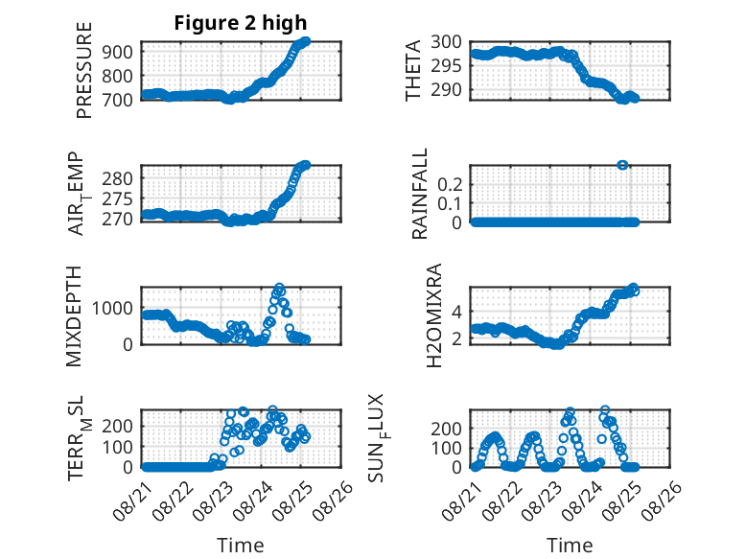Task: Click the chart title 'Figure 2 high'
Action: (241, 23)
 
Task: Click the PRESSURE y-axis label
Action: (83, 70)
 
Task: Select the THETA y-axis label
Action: (413, 70)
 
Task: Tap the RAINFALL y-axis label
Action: (420, 194)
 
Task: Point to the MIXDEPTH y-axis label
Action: (74, 316)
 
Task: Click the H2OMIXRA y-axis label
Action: (434, 315)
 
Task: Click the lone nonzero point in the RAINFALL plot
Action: (622, 165)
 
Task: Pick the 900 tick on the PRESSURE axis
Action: (118, 52)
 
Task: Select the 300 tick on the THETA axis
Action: (446, 42)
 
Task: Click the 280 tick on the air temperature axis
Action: (118, 179)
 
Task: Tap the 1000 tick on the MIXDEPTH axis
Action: (112, 309)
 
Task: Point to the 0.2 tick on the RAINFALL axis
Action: (450, 184)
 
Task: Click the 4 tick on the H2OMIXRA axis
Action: (456, 312)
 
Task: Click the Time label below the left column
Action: (241, 546)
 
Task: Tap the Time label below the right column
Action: (570, 546)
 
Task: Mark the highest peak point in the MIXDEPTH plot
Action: (279, 288)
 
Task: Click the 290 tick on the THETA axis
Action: (446, 89)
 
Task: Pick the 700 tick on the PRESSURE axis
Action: (118, 101)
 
